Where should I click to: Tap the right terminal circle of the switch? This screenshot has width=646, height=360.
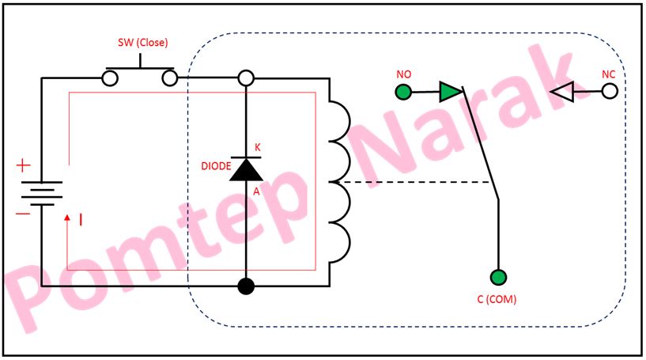click(170, 78)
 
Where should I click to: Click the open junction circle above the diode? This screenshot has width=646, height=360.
click(246, 78)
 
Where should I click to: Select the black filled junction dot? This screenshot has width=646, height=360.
click(246, 286)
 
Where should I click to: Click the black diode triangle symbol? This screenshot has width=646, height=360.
click(246, 169)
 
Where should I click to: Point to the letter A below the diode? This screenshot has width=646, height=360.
click(256, 191)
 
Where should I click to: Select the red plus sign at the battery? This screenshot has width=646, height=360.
click(24, 166)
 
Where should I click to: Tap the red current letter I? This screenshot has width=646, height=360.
click(81, 219)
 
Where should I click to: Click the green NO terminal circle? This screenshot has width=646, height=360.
click(403, 92)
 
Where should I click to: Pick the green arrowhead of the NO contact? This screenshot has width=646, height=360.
click(449, 92)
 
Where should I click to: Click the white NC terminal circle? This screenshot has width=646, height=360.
click(610, 92)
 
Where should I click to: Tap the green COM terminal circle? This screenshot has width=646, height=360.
click(498, 277)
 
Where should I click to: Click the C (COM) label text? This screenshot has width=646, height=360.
click(497, 300)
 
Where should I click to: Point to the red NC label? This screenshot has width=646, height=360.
click(608, 74)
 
